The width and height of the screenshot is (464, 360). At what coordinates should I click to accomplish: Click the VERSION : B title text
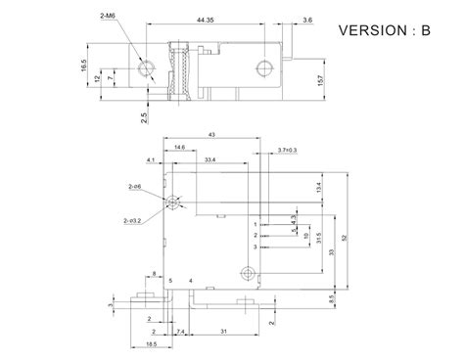(384, 29)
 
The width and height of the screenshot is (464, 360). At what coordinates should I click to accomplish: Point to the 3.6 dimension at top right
(281, 19)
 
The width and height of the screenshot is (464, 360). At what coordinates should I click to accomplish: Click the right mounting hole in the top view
(261, 67)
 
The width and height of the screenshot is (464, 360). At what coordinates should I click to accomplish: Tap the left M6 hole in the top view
(147, 67)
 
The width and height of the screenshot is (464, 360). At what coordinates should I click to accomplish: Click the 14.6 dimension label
(180, 147)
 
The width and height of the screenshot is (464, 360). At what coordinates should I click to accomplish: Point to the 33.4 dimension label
(211, 157)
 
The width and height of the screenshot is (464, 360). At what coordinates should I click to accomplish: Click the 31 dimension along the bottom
(227, 333)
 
